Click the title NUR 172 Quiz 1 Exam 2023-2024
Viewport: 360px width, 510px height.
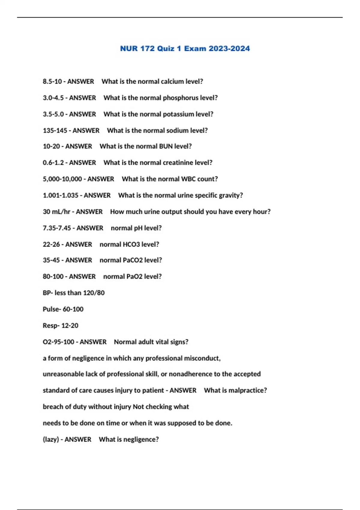pos(185,49)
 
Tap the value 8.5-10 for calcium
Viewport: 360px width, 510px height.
pos(52,82)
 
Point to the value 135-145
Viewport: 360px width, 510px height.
pos(55,130)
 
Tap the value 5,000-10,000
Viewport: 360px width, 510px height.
pos(62,179)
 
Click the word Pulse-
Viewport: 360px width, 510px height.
pos(52,309)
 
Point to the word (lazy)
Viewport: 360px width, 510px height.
pos(51,439)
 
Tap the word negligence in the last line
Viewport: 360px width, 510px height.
pos(140,439)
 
